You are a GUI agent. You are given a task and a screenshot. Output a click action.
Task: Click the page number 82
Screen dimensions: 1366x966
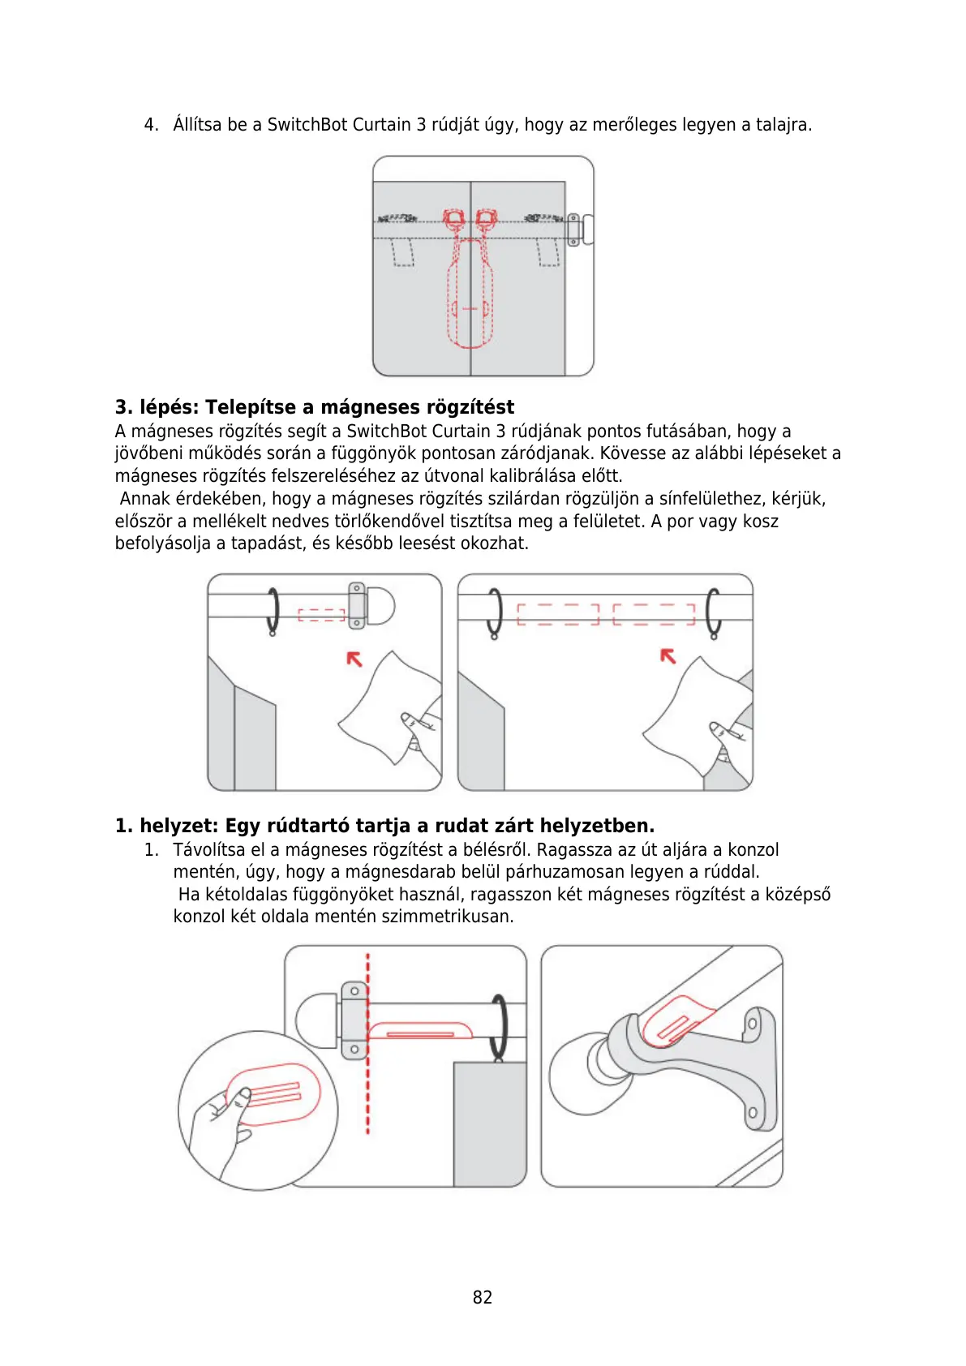point(483,1297)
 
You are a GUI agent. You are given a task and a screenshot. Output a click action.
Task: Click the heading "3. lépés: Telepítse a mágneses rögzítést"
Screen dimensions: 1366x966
point(315,407)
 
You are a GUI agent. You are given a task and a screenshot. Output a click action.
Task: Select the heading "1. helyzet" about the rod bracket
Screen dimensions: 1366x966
point(384,826)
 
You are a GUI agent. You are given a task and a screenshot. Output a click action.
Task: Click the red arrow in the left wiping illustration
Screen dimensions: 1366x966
point(354,659)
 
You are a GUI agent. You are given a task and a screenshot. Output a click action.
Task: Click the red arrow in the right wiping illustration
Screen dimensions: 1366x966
point(668,655)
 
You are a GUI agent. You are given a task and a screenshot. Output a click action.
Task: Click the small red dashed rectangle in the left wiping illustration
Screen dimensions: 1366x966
point(321,615)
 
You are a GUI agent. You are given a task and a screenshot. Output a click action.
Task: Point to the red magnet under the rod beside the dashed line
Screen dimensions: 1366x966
point(420,1031)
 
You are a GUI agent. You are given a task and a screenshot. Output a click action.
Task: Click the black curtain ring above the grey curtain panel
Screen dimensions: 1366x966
point(499,1026)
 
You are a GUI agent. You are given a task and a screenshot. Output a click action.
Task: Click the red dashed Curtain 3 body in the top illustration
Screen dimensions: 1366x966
point(470,292)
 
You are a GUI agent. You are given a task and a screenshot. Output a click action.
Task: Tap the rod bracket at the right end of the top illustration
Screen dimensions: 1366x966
point(575,229)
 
